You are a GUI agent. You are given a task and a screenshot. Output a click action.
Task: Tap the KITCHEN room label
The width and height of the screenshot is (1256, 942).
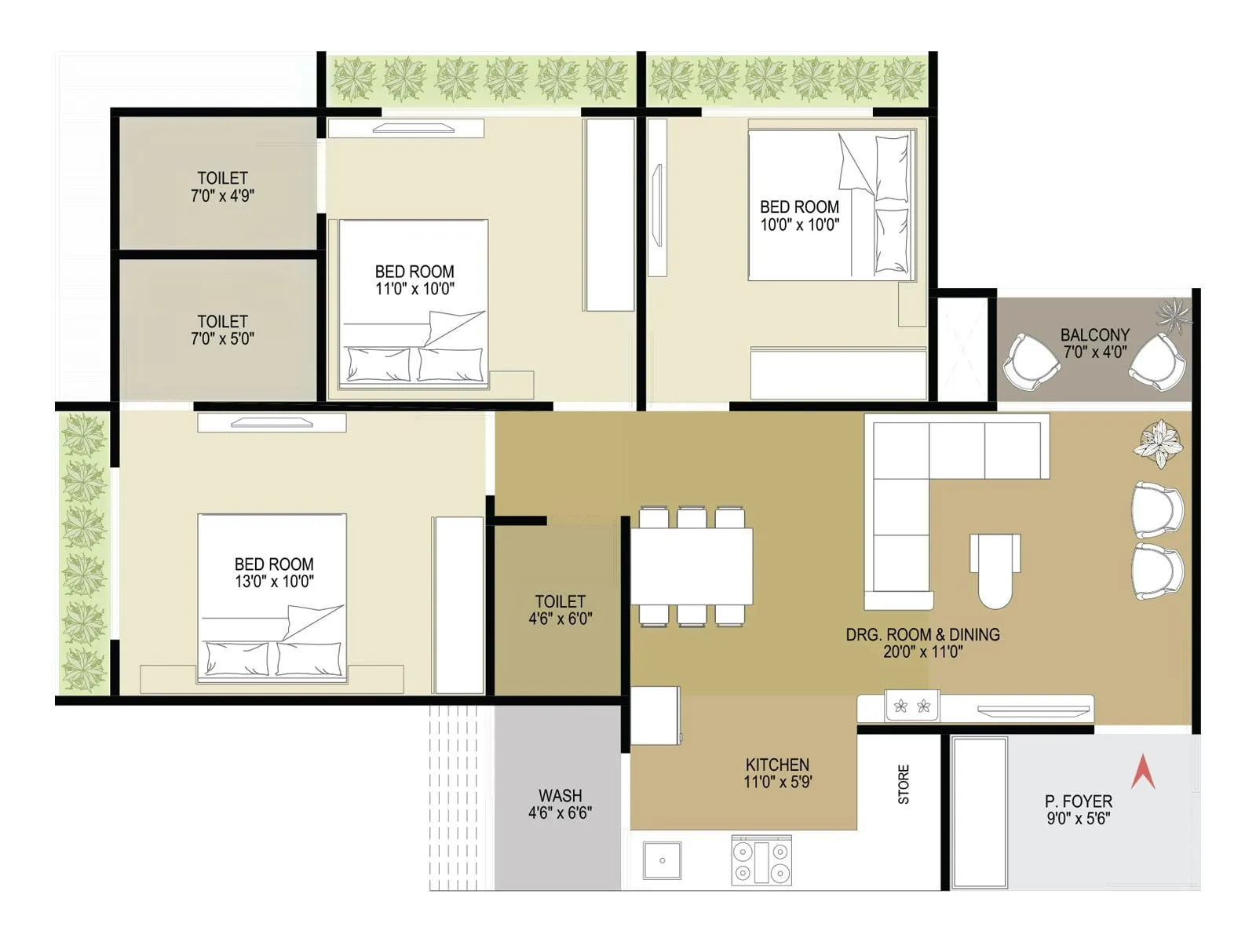point(777,765)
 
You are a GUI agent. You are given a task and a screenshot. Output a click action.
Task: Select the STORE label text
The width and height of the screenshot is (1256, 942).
point(904,784)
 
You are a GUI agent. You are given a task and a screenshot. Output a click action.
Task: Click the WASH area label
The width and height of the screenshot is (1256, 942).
point(560,796)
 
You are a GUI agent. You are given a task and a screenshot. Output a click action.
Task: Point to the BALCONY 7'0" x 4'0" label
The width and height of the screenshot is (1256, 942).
point(1095,344)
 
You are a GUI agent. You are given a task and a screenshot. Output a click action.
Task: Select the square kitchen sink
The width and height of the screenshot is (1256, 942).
point(662,860)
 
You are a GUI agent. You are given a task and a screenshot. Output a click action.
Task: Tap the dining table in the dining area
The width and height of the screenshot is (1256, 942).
point(692,566)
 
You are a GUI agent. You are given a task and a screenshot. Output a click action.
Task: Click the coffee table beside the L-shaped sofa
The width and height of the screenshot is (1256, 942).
point(995,570)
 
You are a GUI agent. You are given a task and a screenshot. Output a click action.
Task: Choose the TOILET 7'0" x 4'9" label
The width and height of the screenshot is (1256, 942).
point(222,187)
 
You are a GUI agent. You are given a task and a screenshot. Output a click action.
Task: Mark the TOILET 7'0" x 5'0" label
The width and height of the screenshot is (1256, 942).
point(222,330)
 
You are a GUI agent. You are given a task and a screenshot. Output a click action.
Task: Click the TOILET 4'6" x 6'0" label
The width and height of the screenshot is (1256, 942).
point(560,610)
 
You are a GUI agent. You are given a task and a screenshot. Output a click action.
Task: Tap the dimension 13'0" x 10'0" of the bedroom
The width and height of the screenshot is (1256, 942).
point(274,582)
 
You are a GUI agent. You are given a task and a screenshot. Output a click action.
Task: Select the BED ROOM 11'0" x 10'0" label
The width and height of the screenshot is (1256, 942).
point(414,279)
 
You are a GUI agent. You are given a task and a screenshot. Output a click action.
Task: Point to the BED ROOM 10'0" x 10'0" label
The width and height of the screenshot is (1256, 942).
point(799,215)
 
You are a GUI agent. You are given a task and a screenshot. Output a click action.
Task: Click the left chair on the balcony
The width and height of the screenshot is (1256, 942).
point(1031,361)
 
